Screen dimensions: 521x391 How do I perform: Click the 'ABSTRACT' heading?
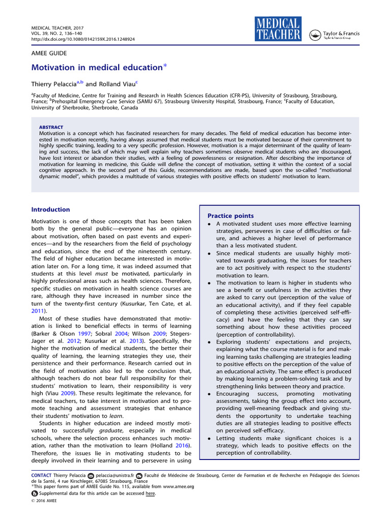click(51, 127)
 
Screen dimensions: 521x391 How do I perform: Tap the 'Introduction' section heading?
click(51, 210)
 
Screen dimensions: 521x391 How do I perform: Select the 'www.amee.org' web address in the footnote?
click(179, 486)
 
